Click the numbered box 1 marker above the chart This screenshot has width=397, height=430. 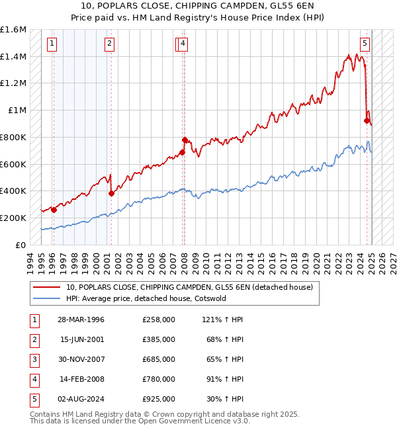coord(52,44)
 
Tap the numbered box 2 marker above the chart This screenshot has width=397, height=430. coord(109,44)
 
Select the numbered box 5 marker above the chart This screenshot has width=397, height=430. coord(365,44)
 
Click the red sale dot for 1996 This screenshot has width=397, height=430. coord(54,210)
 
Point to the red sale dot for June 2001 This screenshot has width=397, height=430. coord(111,193)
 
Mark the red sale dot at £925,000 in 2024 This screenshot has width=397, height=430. coord(367,120)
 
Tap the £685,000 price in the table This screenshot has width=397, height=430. coord(159,359)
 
